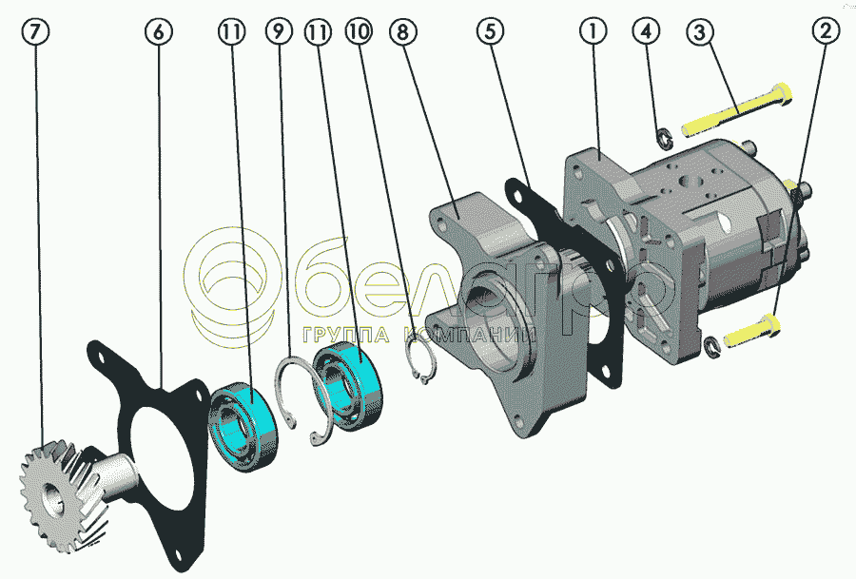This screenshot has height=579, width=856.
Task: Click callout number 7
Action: point(35,31)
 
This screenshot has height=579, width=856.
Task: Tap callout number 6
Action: point(158,31)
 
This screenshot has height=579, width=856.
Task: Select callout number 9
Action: point(279,31)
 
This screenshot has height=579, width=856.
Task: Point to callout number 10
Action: point(359,31)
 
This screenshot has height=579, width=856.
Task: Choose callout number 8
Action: point(402,31)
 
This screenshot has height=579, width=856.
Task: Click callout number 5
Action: point(490,31)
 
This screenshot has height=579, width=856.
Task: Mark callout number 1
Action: point(593,31)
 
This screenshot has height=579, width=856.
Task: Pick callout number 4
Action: point(646,31)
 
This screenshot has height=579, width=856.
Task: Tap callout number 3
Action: point(699,31)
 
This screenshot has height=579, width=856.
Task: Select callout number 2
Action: point(826,31)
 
